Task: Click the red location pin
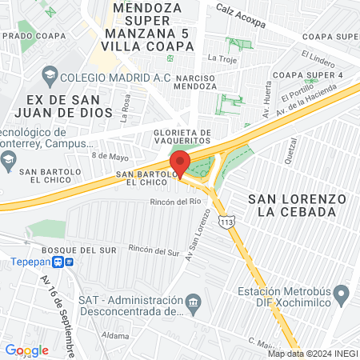181,162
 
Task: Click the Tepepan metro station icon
69,262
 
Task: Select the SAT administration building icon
193,303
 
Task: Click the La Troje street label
222,58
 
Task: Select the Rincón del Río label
174,202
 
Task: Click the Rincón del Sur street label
154,250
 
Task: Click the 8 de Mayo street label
110,157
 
